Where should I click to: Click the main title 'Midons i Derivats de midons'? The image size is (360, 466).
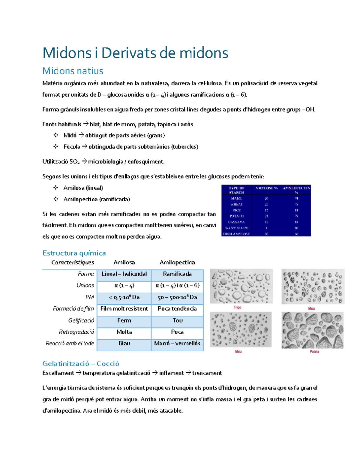135,53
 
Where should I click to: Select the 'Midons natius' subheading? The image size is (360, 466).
73,71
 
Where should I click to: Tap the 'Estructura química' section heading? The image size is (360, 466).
74,253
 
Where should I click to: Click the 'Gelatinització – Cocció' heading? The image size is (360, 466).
81,363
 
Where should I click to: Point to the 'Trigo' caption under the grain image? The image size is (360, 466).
237,307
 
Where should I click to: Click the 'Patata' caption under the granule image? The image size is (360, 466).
314,351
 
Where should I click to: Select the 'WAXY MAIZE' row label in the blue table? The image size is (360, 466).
237,228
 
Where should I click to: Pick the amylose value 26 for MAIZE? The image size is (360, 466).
266,198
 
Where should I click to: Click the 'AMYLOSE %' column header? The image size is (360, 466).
266,188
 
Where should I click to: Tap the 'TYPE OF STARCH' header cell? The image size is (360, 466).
237,190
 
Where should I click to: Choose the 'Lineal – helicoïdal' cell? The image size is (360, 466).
124,274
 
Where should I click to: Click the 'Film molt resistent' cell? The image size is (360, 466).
124,309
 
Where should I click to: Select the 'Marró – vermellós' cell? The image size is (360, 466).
177,343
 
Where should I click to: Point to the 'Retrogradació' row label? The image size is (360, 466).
76,332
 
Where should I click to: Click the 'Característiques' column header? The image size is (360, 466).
73,263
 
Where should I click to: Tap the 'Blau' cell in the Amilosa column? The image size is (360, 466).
124,343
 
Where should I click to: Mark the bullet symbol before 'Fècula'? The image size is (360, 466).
55,147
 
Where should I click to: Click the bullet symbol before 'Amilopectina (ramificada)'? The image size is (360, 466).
55,199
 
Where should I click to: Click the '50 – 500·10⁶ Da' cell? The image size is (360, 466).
177,297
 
